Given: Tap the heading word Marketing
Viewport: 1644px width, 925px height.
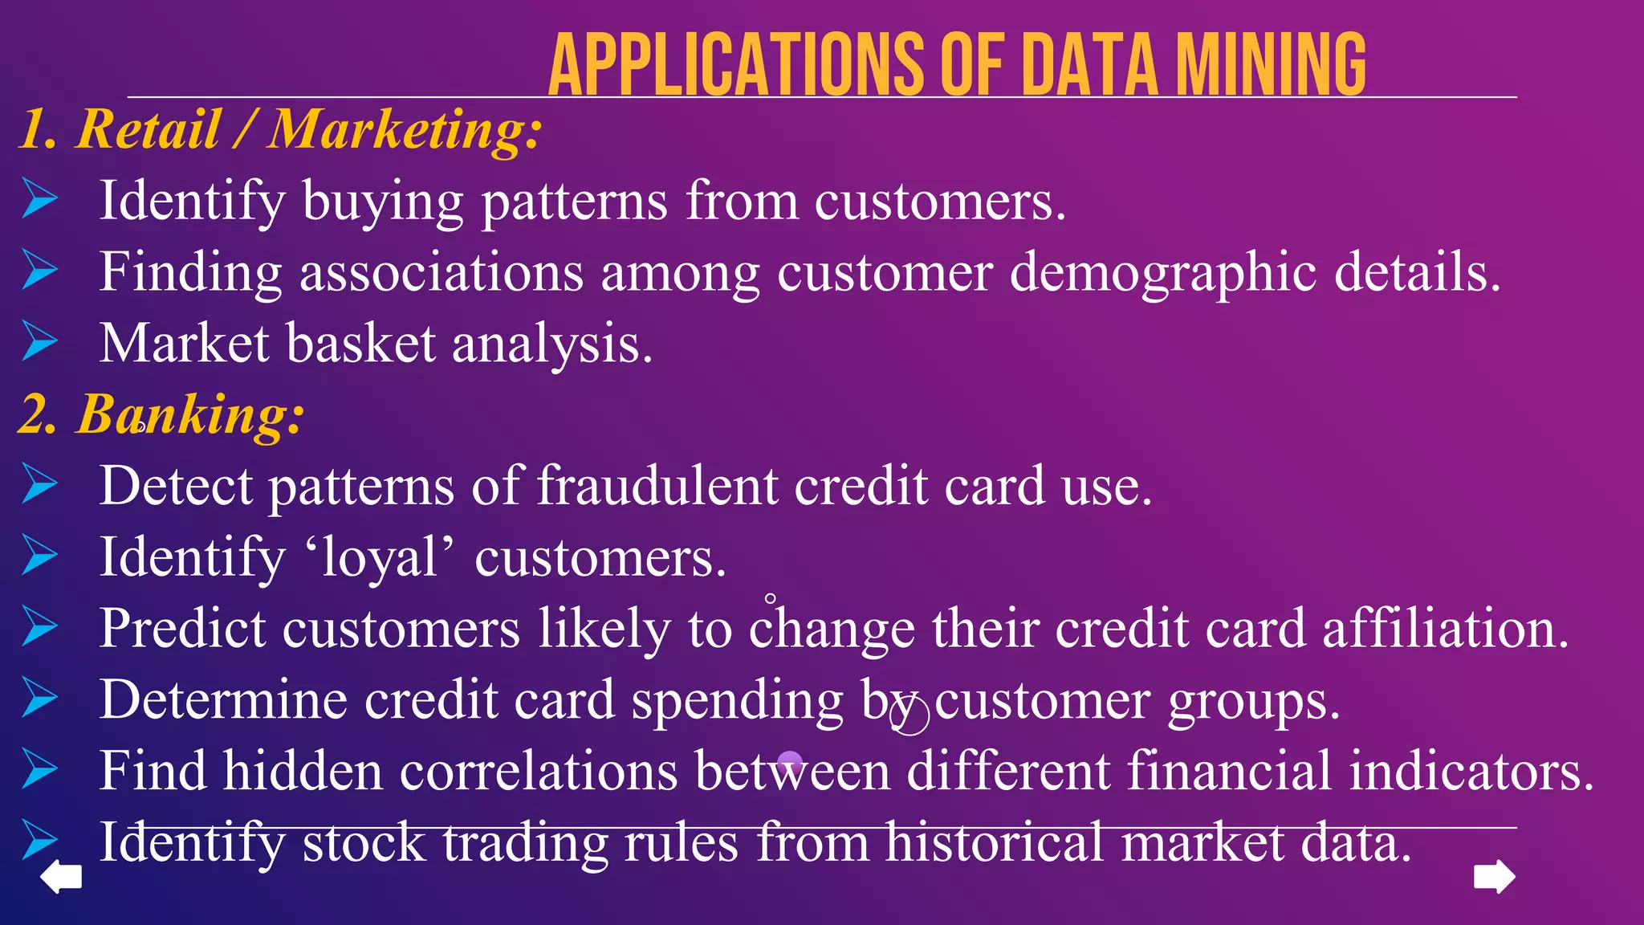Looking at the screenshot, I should pos(405,130).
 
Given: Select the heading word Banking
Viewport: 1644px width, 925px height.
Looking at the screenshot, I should pos(190,415).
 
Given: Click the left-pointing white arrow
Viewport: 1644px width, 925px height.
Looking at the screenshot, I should pos(61,876).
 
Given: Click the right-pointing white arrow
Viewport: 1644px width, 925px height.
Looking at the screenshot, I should pos(1495,876).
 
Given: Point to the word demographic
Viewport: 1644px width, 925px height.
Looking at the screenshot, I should pos(1162,273).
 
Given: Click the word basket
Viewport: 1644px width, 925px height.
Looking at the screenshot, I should pos(360,344).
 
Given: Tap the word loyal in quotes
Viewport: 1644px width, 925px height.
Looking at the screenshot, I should pos(379,557).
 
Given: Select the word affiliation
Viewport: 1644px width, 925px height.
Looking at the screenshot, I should pos(1445,628).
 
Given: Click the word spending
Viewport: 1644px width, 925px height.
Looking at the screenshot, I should pos(737,700).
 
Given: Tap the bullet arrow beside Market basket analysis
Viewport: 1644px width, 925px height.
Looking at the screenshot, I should pos(40,340).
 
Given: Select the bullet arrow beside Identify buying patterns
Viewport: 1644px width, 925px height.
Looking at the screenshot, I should pos(40,198).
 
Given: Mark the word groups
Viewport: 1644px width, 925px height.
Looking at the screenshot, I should pos(1254,700).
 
